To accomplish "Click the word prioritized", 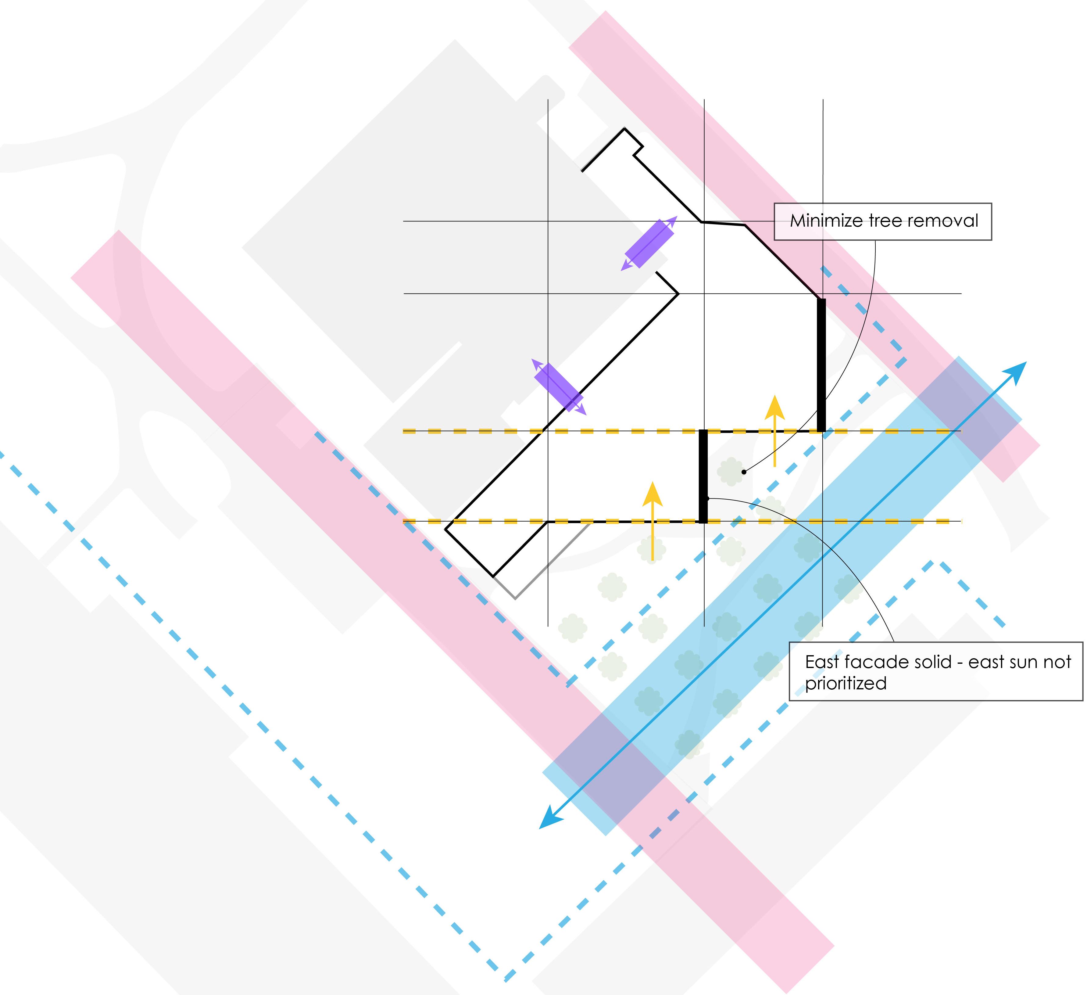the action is coord(846,684).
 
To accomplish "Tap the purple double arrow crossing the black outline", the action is coord(559,387).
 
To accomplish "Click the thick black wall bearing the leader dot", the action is coord(703,476).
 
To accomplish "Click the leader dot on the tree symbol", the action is coord(744,472).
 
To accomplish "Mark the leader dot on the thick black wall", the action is coord(707,498).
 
